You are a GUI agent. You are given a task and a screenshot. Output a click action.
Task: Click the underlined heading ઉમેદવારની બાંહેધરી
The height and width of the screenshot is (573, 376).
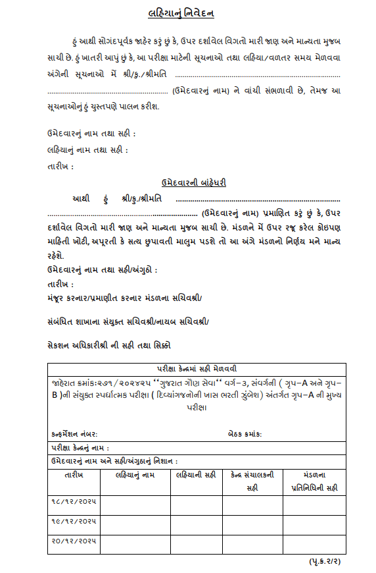point(194,182)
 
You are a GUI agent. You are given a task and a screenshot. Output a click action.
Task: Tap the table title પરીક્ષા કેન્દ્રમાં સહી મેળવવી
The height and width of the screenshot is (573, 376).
point(196,368)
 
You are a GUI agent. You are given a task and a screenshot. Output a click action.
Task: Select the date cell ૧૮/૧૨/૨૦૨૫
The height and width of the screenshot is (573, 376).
point(74,505)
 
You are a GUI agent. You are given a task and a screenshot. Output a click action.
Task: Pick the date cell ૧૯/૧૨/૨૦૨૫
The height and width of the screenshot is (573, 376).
point(74,524)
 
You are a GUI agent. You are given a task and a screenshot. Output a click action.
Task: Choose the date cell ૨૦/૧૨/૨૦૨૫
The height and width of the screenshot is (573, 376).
point(74,543)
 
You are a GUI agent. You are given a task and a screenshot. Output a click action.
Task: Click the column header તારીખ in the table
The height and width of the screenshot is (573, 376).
point(74,474)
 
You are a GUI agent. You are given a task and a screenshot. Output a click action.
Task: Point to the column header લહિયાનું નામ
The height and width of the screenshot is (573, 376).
point(135,474)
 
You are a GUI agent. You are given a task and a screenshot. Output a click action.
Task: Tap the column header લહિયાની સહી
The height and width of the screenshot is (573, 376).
point(197,474)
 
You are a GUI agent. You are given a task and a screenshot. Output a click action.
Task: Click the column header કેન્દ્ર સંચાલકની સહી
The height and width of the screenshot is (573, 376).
point(252,481)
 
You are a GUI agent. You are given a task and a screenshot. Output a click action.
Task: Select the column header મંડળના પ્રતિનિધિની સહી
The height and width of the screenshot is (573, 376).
point(314,481)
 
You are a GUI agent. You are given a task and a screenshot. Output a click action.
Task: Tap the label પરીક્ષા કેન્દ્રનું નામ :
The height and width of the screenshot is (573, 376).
point(80,449)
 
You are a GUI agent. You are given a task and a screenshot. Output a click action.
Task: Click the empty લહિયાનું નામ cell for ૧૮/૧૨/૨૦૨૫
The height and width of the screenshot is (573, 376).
point(135,505)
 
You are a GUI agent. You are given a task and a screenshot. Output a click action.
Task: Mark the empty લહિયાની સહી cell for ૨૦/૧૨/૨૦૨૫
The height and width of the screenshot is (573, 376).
point(197,543)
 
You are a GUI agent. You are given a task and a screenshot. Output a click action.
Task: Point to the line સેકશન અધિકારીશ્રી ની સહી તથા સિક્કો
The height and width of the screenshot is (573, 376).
point(109,344)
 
